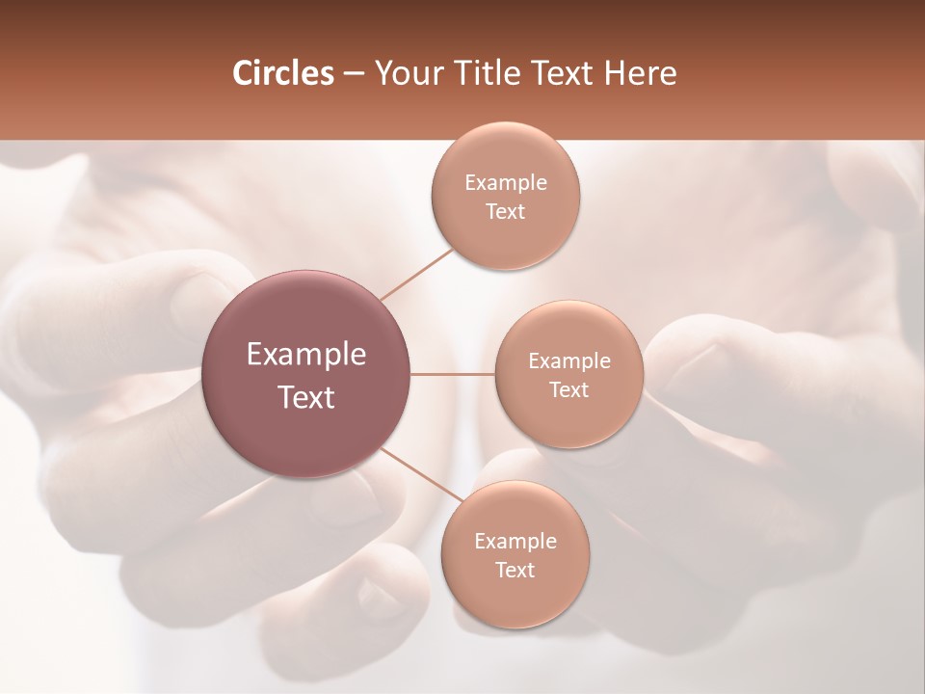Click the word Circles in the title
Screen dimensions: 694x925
point(282,73)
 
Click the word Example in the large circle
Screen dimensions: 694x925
point(306,355)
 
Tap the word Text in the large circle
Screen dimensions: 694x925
point(306,397)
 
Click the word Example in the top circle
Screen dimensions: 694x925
point(505,183)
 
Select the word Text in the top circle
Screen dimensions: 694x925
point(505,212)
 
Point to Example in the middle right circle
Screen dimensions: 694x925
point(568,361)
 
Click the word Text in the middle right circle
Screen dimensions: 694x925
point(568,390)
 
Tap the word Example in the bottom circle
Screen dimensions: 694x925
point(515,542)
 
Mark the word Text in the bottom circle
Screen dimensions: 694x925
point(515,571)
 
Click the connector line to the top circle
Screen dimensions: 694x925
point(416,274)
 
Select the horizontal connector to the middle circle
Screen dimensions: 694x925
point(452,374)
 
